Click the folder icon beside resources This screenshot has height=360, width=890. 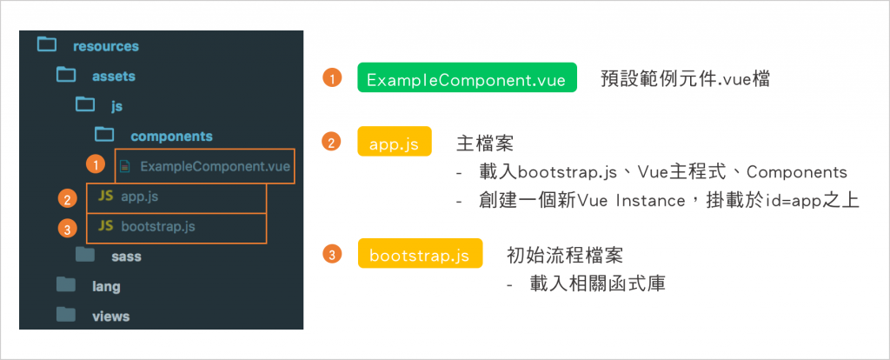[x=47, y=45]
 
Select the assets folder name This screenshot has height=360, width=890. [x=114, y=77]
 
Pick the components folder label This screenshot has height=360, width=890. [x=171, y=137]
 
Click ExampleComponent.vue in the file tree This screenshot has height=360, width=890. [x=216, y=167]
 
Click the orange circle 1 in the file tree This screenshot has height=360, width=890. [x=96, y=165]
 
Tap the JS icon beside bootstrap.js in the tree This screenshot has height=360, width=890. [x=105, y=225]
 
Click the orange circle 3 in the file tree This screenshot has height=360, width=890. [x=68, y=229]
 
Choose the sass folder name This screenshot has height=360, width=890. [x=126, y=257]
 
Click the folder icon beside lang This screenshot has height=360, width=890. [x=66, y=283]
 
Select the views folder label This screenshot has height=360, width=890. [x=110, y=317]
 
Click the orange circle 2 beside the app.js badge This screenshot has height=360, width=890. [x=331, y=142]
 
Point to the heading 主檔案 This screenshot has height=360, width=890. [x=485, y=144]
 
